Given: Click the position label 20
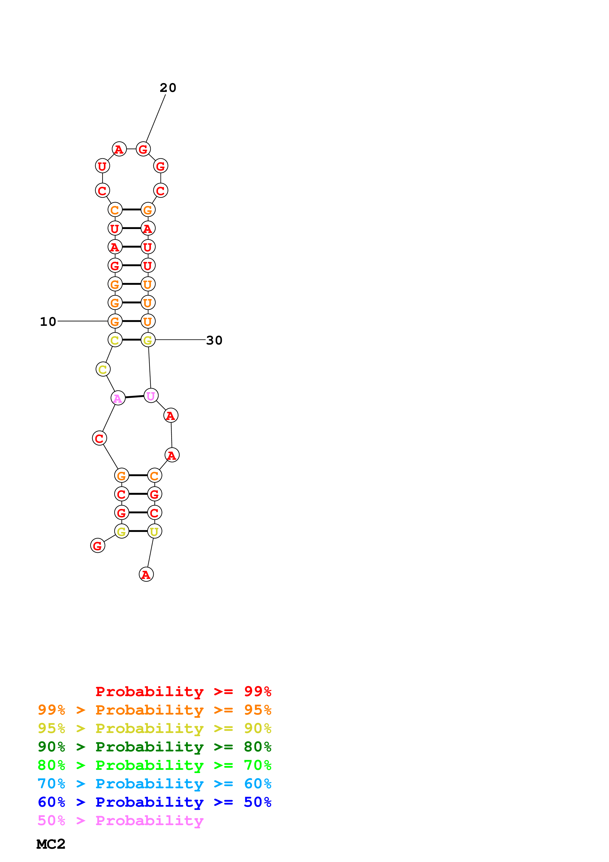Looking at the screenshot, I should click(x=168, y=88).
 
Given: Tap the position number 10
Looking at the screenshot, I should click(x=48, y=322).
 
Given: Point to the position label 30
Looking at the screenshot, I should click(x=214, y=341).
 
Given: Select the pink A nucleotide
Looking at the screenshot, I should click(x=118, y=398).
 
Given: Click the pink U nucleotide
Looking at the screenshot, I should click(x=151, y=396).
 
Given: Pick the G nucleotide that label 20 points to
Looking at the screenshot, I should click(x=143, y=149).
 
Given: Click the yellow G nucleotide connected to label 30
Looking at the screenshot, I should click(x=148, y=340).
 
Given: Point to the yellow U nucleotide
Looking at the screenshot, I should click(x=154, y=531).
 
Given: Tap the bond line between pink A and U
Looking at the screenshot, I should click(x=134, y=397).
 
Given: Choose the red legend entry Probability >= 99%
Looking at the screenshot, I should click(x=183, y=691).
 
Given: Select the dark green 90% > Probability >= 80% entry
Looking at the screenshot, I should click(x=154, y=747).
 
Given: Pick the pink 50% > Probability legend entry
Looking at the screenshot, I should click(x=120, y=821).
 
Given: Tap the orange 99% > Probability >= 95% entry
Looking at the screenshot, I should click(x=154, y=710).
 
